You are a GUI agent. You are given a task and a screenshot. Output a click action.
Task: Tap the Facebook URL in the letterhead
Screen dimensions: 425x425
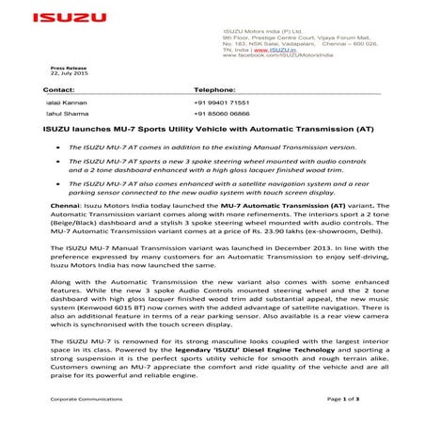[281, 56]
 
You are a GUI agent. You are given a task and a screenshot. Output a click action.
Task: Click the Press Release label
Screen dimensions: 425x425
[67, 69]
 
